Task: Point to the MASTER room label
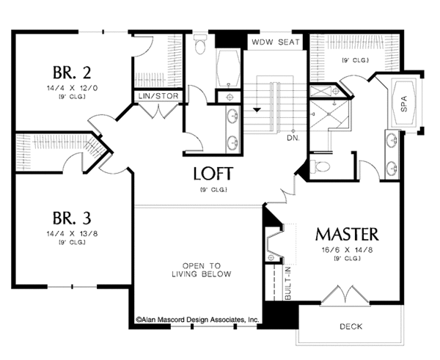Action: point(347,235)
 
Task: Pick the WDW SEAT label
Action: point(275,43)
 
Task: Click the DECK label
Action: point(353,326)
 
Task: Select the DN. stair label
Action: point(293,137)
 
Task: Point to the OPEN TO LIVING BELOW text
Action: point(207,270)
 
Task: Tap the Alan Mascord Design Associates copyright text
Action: point(198,320)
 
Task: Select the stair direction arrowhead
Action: point(257,110)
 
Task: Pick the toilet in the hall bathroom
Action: point(202,48)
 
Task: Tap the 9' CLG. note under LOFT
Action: point(213,189)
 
